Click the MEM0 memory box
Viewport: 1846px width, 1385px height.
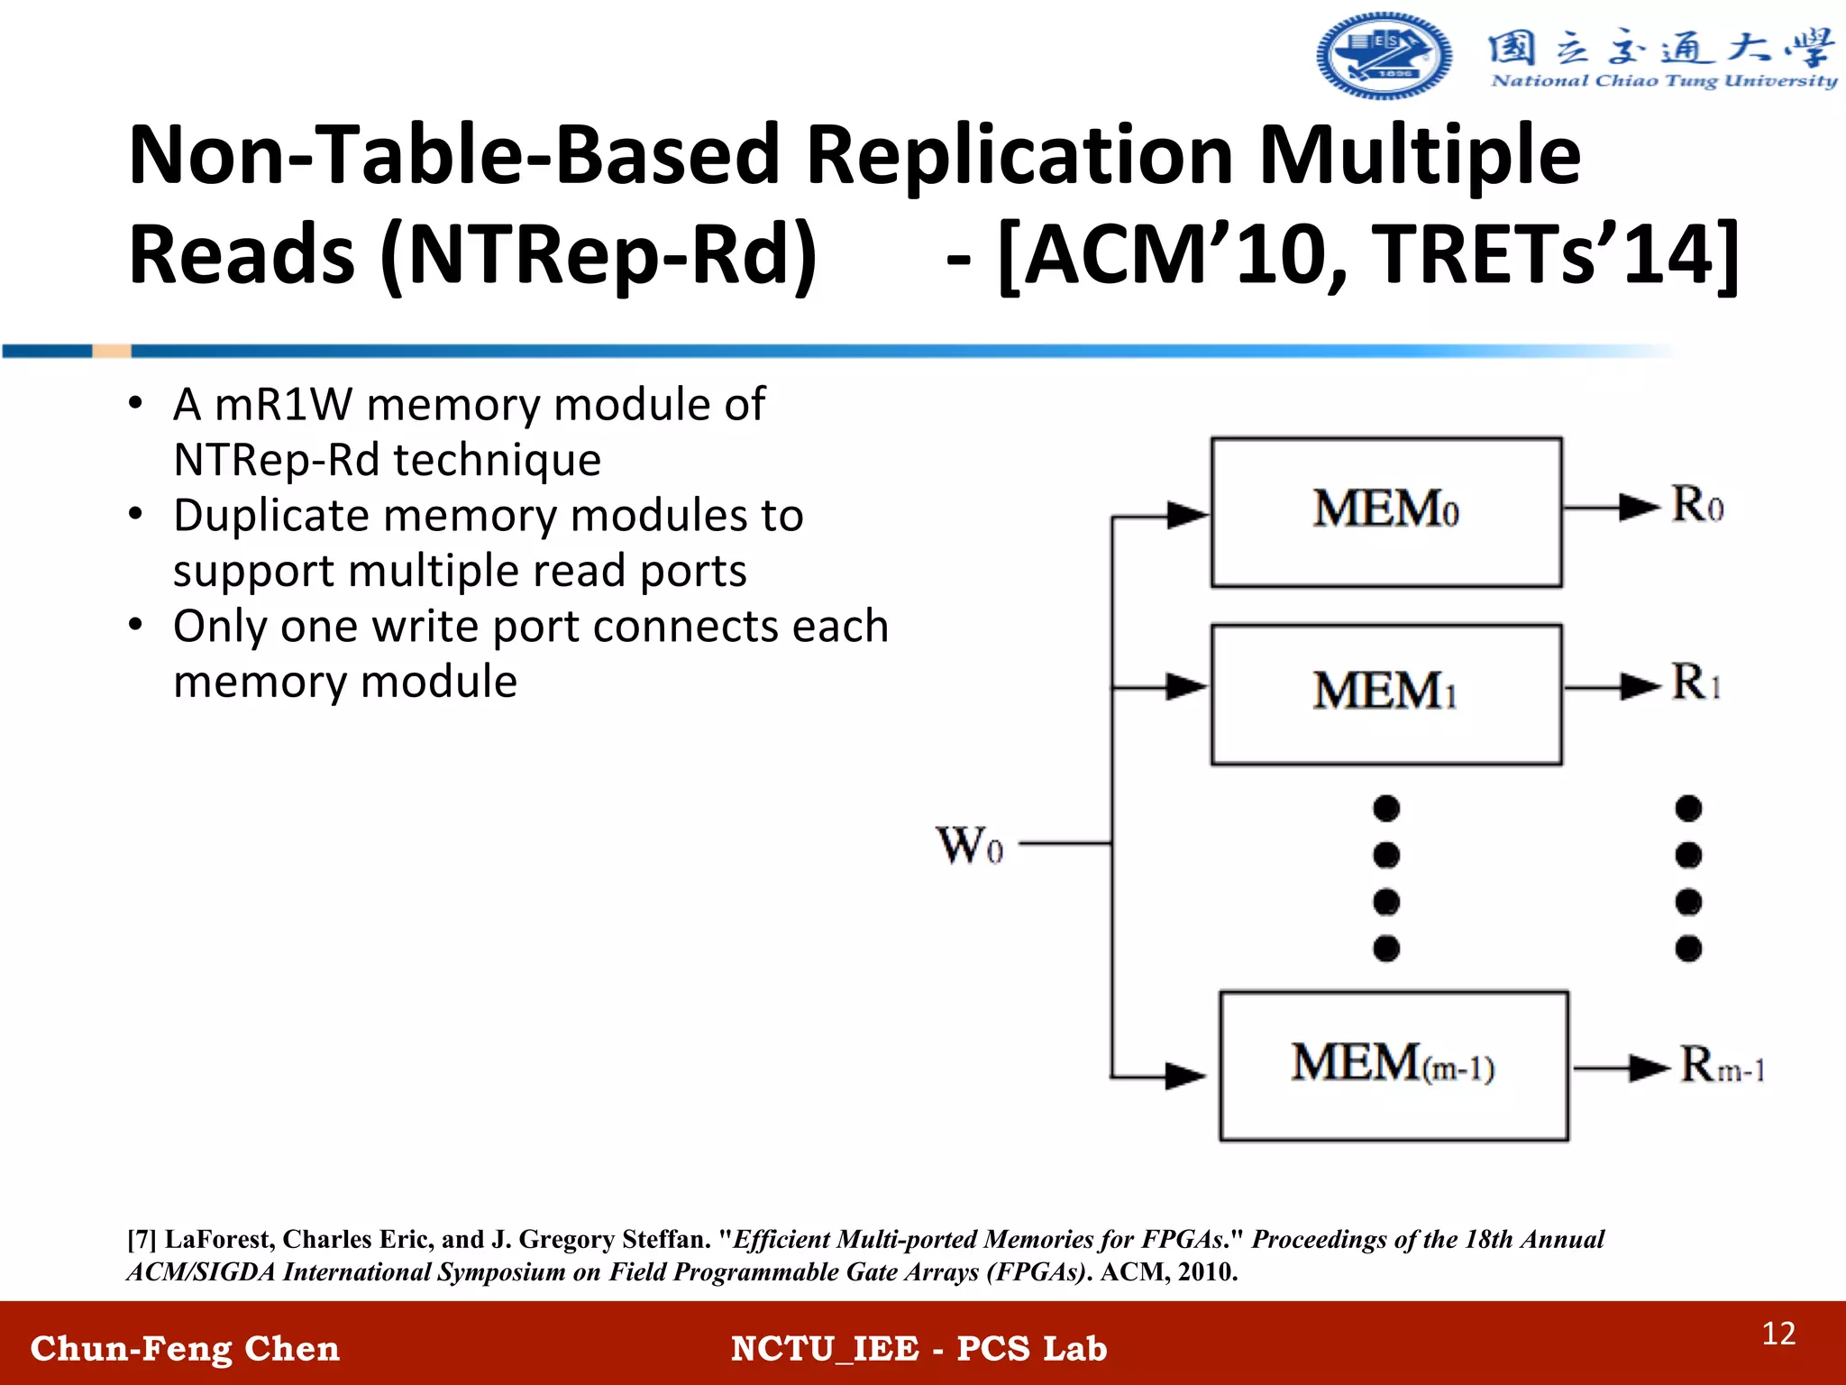1386,511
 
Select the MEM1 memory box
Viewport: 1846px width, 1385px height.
1386,693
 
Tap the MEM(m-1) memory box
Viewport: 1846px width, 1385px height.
1394,1066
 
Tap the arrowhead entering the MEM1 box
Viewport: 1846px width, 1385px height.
1186,687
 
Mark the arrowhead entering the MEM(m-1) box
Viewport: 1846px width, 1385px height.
1186,1076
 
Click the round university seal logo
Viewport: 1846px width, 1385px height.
1384,56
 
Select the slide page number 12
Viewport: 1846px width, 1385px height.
1778,1334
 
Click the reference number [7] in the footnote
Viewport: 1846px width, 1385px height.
142,1240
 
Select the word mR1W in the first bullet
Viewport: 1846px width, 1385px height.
283,405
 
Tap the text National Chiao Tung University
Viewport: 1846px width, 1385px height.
1664,81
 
